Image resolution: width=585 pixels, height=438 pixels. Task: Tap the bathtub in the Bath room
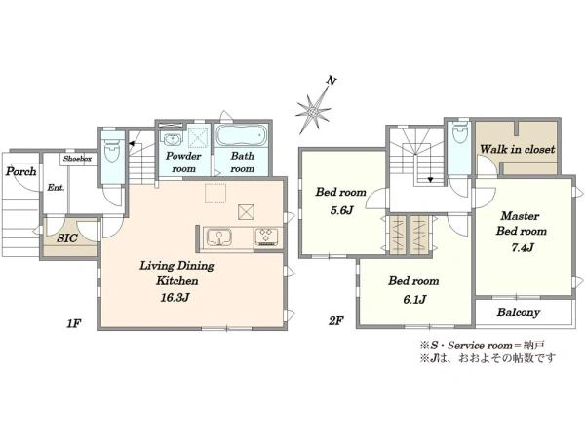point(242,135)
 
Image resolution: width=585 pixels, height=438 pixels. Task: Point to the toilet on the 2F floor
point(458,133)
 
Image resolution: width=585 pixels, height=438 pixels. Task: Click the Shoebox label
point(77,159)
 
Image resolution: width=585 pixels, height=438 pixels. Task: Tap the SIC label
point(67,238)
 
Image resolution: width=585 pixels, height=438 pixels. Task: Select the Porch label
point(20,171)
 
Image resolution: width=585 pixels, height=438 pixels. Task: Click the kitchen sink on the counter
point(219,237)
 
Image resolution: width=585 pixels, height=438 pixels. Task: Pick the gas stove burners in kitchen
point(266,237)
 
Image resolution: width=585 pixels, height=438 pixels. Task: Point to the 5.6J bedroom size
point(341,211)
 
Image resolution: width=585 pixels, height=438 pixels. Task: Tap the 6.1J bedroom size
point(414,300)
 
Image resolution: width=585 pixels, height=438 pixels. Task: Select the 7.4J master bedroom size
point(523,247)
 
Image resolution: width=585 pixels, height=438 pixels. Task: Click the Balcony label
point(519,312)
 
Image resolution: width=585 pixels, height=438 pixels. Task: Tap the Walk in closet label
point(517,149)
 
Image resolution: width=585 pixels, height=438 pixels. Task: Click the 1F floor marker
point(73,323)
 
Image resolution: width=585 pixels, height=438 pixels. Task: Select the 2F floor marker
point(335,320)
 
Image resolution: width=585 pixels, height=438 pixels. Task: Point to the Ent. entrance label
point(56,188)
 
